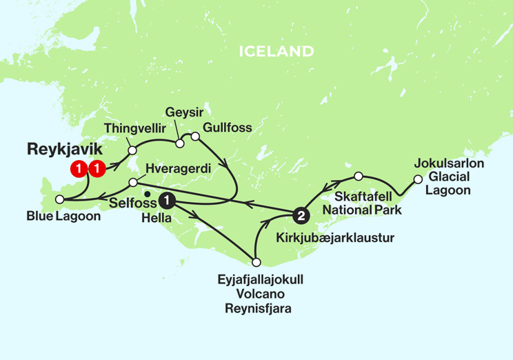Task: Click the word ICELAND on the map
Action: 276,51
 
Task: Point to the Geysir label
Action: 181,112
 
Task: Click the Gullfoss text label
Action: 227,128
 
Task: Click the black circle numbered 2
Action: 300,216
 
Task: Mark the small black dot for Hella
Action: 147,202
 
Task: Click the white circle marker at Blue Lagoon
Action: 59,199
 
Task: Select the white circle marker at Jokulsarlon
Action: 417,180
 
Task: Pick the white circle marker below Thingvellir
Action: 132,149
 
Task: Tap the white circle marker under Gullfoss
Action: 195,137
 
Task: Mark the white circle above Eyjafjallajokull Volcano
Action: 256,261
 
